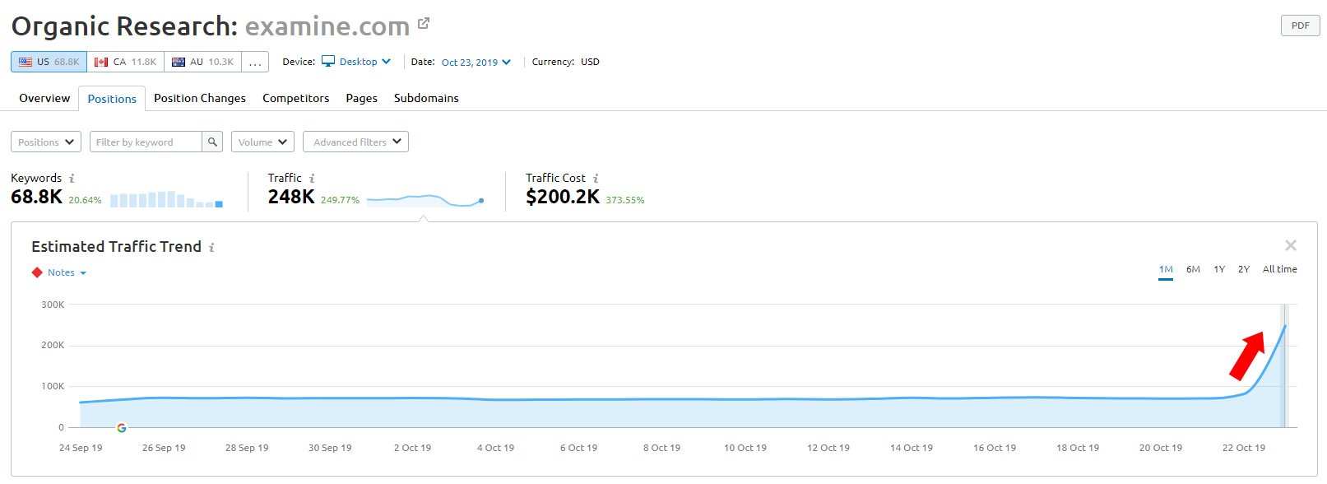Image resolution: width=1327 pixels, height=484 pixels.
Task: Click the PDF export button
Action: point(1300,26)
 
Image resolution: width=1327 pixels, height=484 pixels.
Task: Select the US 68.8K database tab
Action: point(49,62)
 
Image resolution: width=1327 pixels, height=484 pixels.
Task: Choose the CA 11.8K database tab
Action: point(125,62)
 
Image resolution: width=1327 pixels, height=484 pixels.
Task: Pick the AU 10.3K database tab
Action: point(202,62)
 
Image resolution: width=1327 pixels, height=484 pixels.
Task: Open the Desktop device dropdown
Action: point(357,62)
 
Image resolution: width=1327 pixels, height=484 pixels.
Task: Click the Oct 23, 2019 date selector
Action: point(476,63)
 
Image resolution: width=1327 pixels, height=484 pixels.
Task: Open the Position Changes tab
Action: point(199,98)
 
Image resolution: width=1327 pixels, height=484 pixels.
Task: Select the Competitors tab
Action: point(295,98)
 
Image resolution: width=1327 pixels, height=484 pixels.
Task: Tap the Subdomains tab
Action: point(426,98)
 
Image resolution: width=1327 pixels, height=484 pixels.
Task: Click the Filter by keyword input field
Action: point(146,142)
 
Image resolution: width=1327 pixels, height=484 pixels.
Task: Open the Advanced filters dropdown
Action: point(355,142)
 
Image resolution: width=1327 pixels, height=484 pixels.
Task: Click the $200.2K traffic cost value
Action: point(563,197)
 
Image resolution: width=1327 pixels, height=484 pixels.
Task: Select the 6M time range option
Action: point(1193,269)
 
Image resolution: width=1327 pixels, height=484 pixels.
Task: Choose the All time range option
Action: point(1279,269)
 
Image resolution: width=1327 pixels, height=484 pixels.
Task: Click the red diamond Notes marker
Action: point(37,272)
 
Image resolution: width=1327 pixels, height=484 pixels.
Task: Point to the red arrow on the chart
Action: point(1247,355)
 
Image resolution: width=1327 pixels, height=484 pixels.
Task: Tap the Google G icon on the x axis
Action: point(122,428)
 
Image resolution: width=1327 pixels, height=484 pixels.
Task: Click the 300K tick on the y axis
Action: point(53,305)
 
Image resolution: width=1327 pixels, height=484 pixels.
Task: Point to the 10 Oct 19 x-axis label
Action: point(745,448)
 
